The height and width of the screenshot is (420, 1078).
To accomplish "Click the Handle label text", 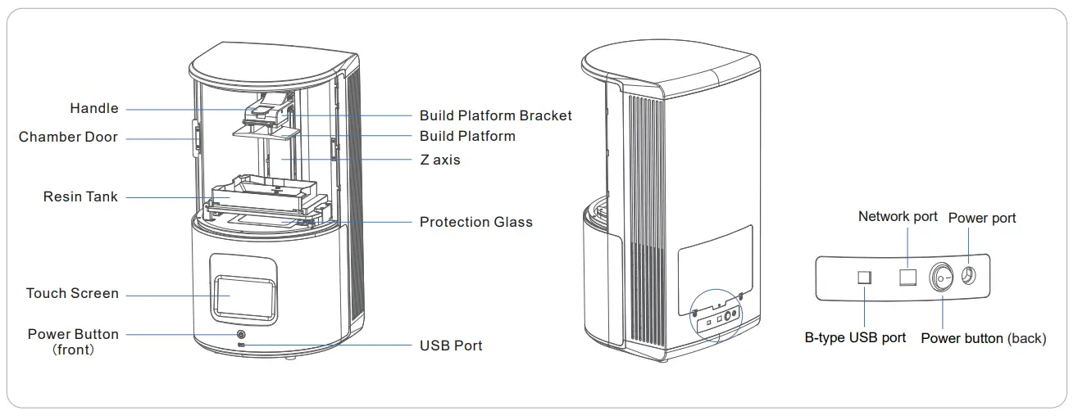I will tap(93, 109).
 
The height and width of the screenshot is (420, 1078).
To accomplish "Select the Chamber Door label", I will tap(68, 138).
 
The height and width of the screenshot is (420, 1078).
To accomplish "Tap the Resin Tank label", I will tap(80, 197).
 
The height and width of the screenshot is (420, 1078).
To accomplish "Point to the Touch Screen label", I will tap(72, 294).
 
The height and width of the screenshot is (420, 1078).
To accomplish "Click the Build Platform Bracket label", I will tap(495, 115).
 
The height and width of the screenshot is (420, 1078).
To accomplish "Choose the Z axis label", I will tap(439, 160).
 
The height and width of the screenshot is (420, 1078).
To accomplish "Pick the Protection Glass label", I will tap(475, 223).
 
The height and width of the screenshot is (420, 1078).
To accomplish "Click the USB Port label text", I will tap(451, 346).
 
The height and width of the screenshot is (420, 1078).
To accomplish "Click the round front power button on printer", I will tap(241, 335).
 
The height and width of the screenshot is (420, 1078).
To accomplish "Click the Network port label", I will tap(898, 217).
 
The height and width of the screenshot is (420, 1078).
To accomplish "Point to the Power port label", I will tap(981, 219).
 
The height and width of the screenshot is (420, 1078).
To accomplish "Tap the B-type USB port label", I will tap(855, 338).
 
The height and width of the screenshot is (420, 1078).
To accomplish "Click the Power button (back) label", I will tap(983, 339).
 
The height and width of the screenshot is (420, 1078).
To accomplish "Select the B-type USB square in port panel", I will tap(864, 278).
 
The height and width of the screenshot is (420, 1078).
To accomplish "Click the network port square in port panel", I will tap(907, 277).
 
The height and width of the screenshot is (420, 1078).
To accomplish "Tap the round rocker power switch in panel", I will tap(942, 278).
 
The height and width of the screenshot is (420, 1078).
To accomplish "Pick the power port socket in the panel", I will tap(968, 277).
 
